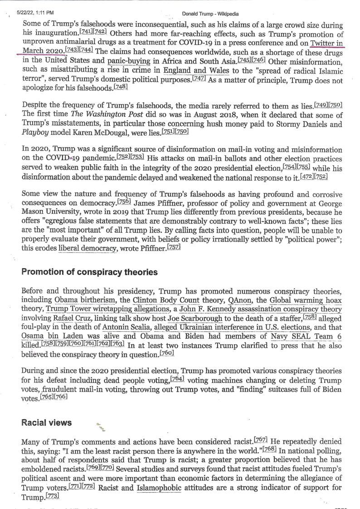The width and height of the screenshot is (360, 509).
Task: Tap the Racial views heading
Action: [47, 422]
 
